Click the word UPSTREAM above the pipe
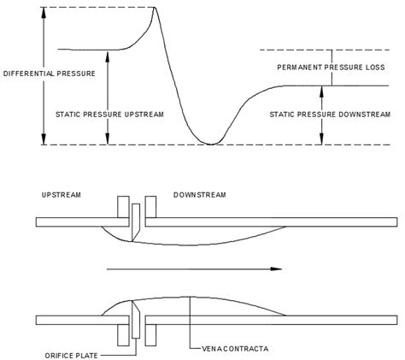click(x=62, y=196)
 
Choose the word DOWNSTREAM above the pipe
click(x=200, y=196)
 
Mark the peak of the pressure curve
click(x=155, y=9)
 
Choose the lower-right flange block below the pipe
click(x=150, y=334)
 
